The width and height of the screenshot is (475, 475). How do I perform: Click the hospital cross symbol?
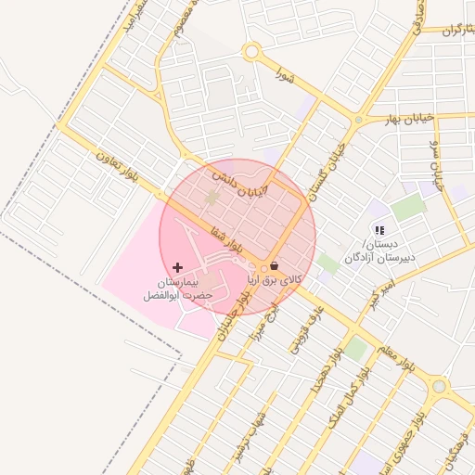point(178,267)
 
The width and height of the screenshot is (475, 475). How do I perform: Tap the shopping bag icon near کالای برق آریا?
point(273,265)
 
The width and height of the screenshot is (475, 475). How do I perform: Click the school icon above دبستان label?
point(379,229)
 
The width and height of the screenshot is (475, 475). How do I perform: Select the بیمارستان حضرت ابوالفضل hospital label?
point(178,287)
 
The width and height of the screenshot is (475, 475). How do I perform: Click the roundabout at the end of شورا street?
point(250,53)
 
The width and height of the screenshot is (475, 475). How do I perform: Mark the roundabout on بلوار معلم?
point(439,386)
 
